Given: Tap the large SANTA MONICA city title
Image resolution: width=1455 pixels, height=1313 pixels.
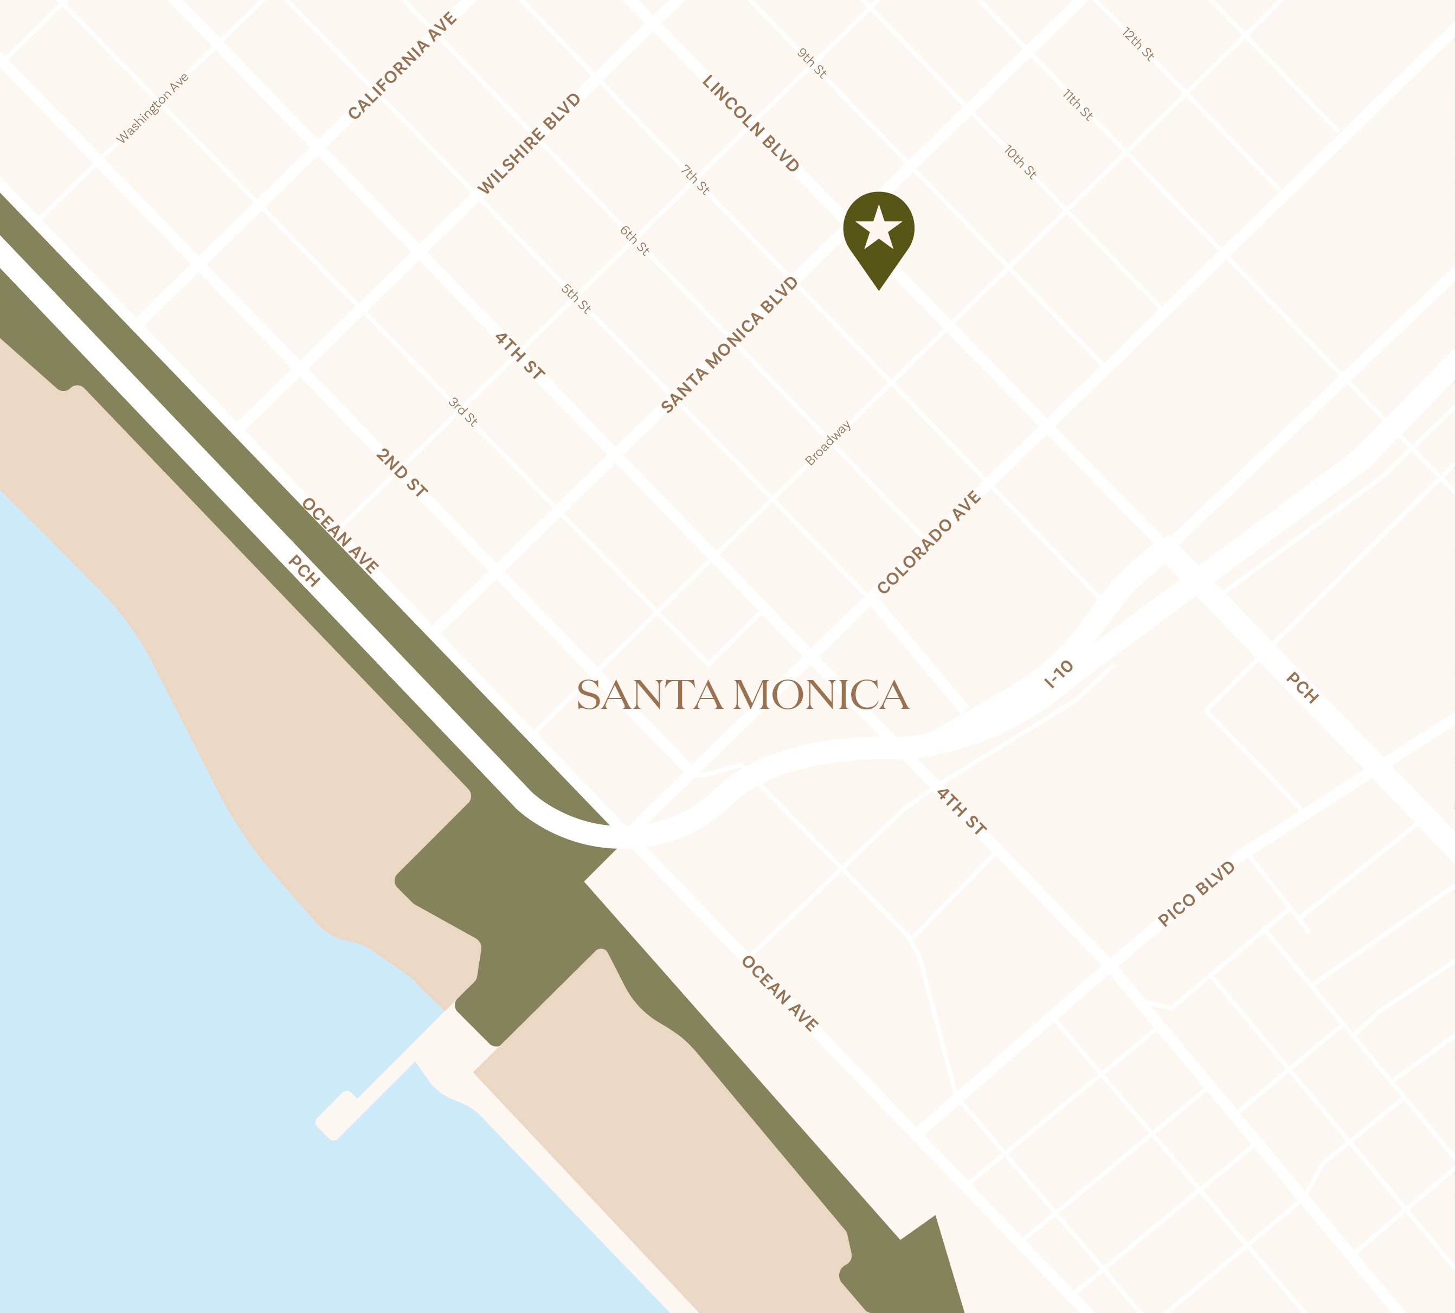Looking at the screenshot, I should click(x=743, y=695).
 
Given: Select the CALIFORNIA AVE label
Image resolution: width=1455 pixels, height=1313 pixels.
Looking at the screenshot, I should click(x=402, y=66).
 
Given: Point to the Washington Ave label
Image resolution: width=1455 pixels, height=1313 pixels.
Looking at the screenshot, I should click(x=153, y=108).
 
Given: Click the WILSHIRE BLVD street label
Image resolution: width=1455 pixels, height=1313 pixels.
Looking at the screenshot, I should click(x=529, y=144).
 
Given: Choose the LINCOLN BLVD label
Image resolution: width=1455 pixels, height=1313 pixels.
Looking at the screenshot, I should click(x=751, y=123).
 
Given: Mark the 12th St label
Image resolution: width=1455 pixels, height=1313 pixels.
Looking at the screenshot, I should click(x=1138, y=44).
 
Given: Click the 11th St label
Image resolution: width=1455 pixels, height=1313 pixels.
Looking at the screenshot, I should click(x=1078, y=105).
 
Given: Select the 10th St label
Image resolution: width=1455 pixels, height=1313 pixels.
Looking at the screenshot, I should click(x=1020, y=162).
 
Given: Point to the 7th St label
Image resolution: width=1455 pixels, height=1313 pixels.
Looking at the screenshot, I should click(x=695, y=180).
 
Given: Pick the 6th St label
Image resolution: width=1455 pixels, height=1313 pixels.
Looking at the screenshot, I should click(x=634, y=240).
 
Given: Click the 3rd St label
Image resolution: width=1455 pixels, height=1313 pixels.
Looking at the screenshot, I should click(x=463, y=411).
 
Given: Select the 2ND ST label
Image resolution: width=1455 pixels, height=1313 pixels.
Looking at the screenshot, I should click(x=402, y=472).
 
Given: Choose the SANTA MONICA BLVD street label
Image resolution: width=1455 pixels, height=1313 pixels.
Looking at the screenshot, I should click(x=730, y=345).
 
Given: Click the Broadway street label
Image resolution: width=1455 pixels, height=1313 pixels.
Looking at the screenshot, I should click(x=828, y=443).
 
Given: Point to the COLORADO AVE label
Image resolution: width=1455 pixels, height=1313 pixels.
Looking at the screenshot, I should click(x=929, y=542).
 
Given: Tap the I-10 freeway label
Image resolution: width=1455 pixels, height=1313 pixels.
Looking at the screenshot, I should click(x=1058, y=674).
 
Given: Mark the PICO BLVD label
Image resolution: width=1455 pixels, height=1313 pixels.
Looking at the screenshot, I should click(x=1196, y=894).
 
